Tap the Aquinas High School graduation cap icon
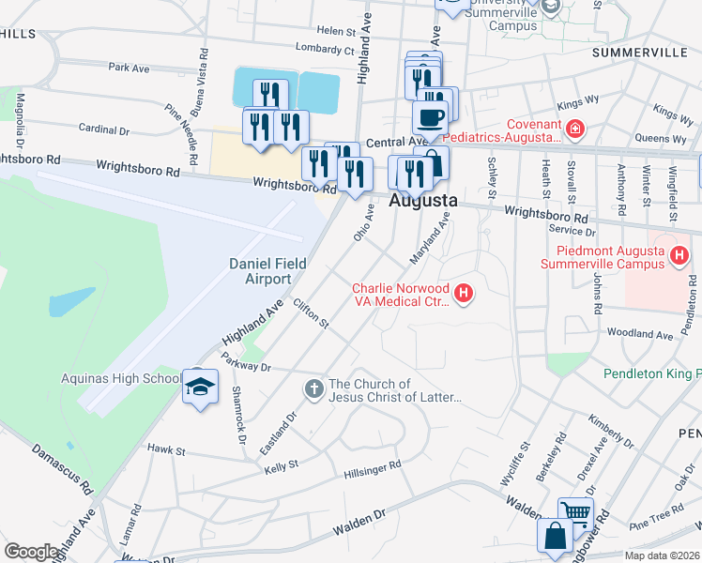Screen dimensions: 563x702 200,388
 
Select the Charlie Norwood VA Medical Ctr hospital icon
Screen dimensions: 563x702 464,295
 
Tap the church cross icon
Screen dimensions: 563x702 313,387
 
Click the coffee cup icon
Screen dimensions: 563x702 430,118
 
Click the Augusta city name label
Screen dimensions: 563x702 423,201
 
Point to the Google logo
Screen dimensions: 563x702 31,551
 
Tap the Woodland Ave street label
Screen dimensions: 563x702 640,334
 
